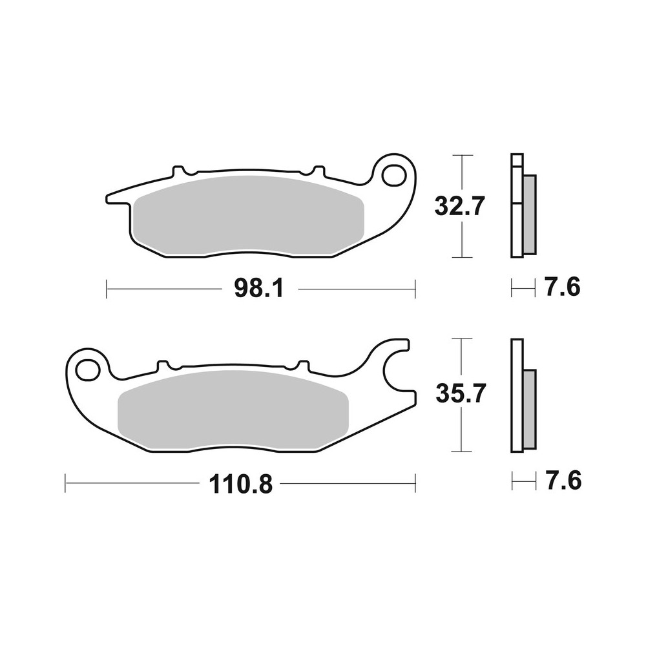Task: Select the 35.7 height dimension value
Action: [459, 393]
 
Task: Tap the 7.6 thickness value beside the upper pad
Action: [562, 287]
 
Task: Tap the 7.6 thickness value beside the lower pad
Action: [562, 481]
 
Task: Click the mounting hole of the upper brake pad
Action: [392, 174]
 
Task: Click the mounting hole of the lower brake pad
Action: [85, 370]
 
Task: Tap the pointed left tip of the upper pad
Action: [111, 196]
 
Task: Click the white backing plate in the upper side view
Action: [516, 226]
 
